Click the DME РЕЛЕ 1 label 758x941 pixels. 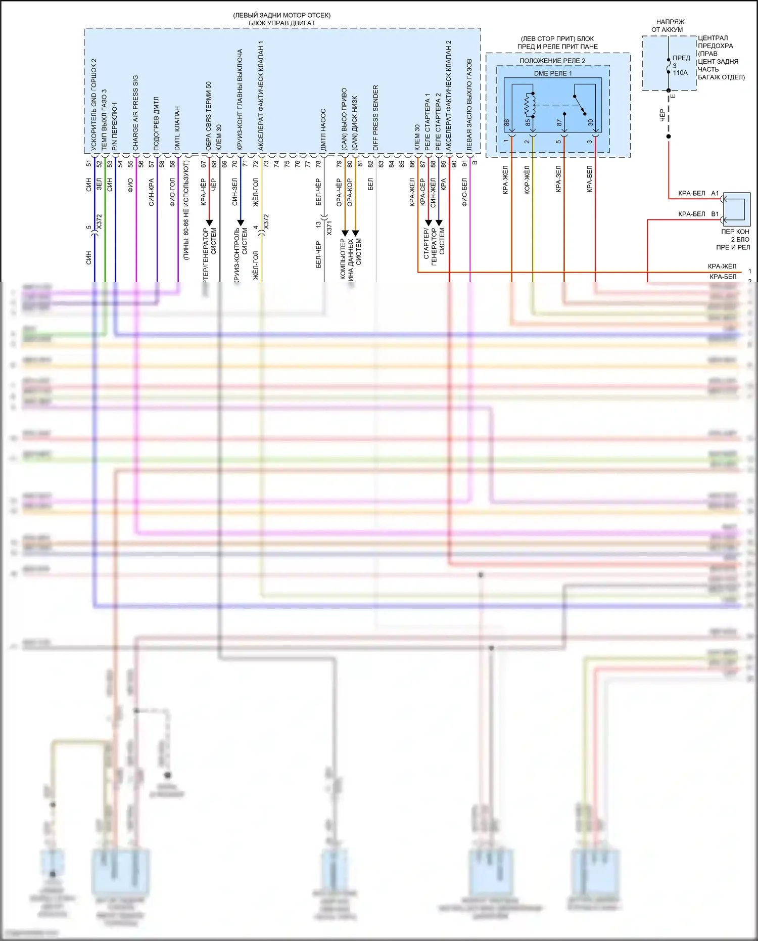[553, 73]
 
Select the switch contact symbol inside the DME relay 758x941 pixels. [580, 105]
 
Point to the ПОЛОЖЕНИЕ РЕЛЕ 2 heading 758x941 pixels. [552, 61]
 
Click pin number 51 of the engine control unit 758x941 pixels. [89, 164]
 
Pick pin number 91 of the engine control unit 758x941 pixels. [465, 164]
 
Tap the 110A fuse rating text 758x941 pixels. [680, 73]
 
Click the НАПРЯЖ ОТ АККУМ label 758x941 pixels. [670, 26]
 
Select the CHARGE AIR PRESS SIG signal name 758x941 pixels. [135, 113]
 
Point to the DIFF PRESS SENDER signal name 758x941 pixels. [375, 117]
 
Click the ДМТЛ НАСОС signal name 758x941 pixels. [323, 130]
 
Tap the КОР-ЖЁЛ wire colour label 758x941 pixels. [527, 180]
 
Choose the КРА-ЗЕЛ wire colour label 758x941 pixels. [558, 179]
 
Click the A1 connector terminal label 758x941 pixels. [715, 193]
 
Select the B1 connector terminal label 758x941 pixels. [715, 214]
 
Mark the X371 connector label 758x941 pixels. [329, 228]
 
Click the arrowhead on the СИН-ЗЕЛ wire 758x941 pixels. [241, 222]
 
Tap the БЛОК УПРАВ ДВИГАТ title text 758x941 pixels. [281, 23]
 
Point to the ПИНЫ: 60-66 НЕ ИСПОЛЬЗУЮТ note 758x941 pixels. [186, 210]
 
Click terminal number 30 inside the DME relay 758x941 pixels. [590, 123]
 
